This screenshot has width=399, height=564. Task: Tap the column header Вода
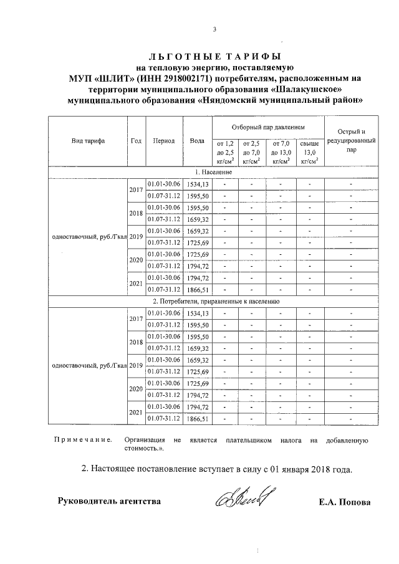click(197, 141)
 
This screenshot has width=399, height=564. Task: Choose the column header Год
click(136, 141)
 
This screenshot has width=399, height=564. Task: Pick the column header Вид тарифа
click(88, 141)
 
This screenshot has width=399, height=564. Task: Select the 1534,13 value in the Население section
click(196, 184)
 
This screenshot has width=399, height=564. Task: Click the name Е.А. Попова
click(344, 502)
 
